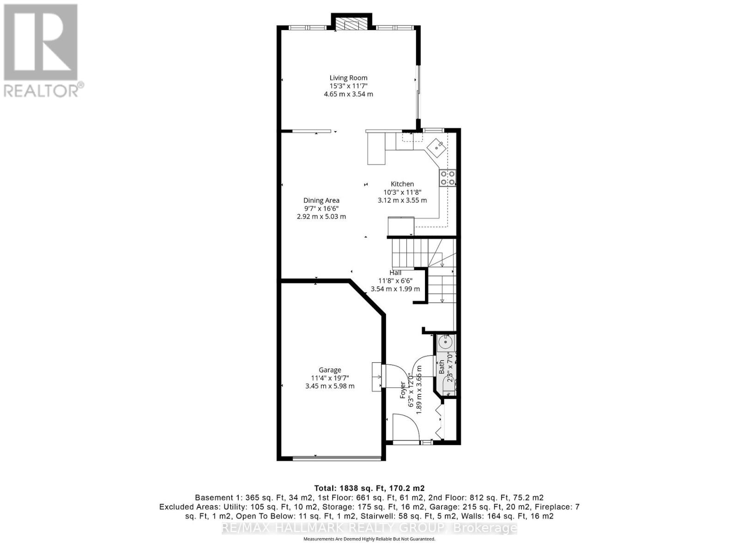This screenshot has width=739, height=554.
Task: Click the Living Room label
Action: tap(348, 78)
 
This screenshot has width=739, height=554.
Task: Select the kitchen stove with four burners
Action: tap(447, 178)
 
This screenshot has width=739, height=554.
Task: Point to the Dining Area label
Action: tap(321, 200)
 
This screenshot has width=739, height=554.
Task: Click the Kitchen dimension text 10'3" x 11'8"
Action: tap(402, 192)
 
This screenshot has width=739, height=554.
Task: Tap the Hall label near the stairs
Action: tap(395, 273)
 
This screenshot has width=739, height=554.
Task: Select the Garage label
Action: tap(330, 370)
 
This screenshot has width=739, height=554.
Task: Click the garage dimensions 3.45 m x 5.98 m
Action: tap(330, 386)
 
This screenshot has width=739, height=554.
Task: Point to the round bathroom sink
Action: tap(446, 343)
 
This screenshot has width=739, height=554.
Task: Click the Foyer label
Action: tap(403, 391)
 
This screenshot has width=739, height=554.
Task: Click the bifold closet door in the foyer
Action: tap(439, 420)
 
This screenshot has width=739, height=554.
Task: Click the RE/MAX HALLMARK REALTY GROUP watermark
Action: tap(369, 528)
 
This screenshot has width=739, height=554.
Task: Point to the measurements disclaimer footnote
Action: tap(369, 539)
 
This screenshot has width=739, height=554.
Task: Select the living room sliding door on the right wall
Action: tap(418, 97)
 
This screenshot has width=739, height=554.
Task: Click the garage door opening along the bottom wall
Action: tap(338, 458)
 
